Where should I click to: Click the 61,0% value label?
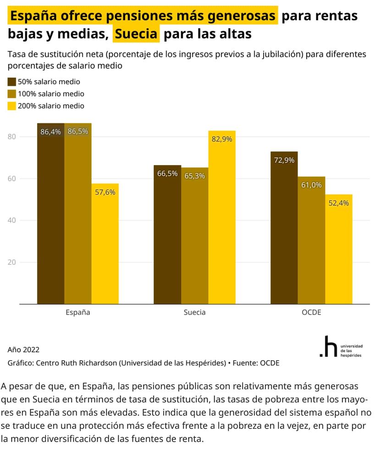(311, 185)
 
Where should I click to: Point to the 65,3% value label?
(194, 176)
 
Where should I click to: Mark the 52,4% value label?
(339, 203)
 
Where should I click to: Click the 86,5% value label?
(78, 131)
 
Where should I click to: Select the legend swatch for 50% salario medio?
(12, 82)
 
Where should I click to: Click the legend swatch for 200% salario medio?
(12, 106)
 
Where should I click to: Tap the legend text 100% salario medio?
(51, 94)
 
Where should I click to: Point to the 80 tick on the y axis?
(12, 137)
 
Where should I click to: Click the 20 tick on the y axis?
(12, 262)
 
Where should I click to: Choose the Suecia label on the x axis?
(194, 312)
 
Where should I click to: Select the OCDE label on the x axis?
(311, 312)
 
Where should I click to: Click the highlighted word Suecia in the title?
(137, 34)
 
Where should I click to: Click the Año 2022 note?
(24, 349)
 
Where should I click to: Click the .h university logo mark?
(328, 347)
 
